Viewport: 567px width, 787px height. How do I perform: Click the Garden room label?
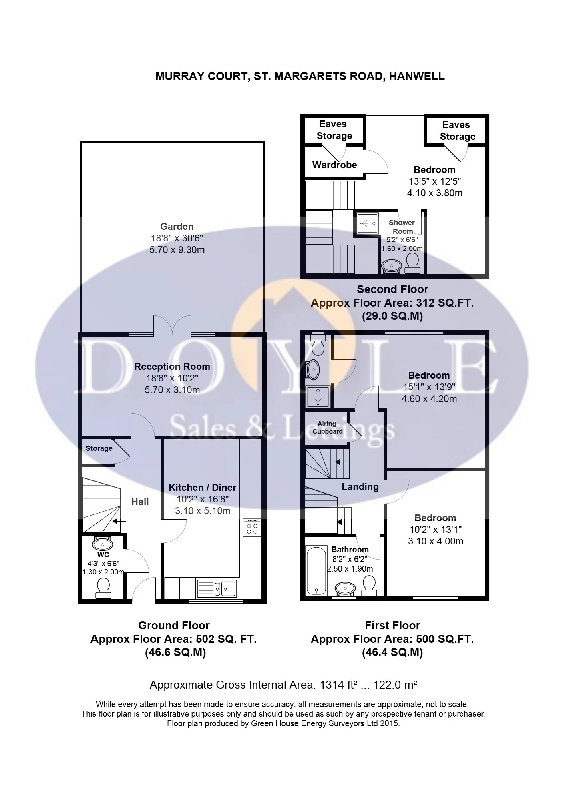point(177,227)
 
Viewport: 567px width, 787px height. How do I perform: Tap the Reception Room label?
point(172,367)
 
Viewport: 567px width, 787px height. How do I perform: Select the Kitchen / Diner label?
point(203,488)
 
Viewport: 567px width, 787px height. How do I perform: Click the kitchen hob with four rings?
point(252,528)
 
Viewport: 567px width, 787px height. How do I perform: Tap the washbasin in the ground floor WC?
point(103,544)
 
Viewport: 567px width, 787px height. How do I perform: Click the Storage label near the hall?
point(99,448)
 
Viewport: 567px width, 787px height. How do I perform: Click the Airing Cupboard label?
point(328,428)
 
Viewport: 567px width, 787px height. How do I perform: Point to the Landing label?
point(360,487)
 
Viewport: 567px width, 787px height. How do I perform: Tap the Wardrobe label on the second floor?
point(334,165)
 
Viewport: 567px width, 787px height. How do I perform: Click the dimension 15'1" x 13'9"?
point(429,387)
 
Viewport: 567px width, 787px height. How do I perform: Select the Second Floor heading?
point(392,289)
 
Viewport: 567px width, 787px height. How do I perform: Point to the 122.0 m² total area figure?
point(396,685)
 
